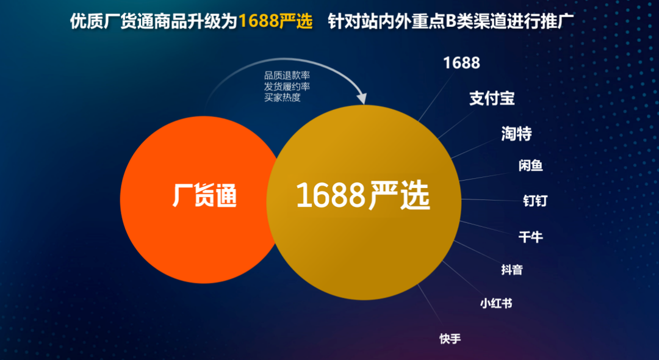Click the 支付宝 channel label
(492, 99)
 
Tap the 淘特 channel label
(517, 134)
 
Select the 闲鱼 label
(530, 165)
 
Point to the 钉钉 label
(535, 200)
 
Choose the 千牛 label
(530, 237)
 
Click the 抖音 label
(511, 269)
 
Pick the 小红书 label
(496, 303)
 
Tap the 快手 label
(450, 339)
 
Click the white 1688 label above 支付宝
(461, 63)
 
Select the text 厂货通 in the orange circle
(204, 196)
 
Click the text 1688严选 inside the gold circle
(363, 195)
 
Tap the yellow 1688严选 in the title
(276, 21)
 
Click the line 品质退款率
(287, 76)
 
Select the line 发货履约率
(287, 87)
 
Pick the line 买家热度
(283, 98)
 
